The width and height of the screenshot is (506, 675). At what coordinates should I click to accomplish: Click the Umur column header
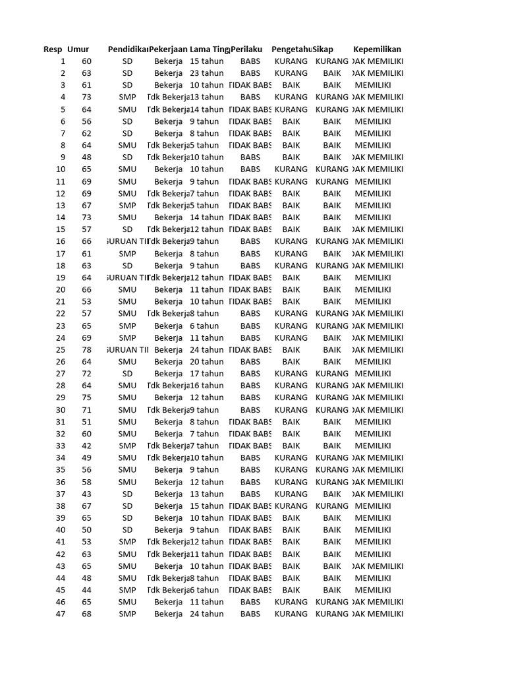(x=78, y=49)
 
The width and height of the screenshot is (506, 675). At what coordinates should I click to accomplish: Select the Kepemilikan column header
(x=377, y=49)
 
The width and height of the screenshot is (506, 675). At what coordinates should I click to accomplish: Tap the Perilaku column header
(x=247, y=49)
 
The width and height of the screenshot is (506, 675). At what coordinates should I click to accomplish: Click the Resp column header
(x=53, y=49)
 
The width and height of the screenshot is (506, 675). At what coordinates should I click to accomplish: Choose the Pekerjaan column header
(x=168, y=49)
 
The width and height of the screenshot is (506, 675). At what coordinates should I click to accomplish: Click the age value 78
(x=87, y=349)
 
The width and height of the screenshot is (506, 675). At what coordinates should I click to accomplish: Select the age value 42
(x=87, y=446)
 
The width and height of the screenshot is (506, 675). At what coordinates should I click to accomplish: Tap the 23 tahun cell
(x=207, y=73)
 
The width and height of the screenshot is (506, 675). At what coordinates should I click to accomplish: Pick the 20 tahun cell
(x=207, y=361)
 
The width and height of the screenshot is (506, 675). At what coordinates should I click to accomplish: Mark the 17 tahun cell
(x=207, y=374)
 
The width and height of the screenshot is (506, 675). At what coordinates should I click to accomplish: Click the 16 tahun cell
(x=207, y=386)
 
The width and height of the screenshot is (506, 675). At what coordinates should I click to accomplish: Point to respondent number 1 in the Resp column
(x=63, y=61)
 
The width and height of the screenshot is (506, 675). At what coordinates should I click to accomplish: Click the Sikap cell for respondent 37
(x=332, y=494)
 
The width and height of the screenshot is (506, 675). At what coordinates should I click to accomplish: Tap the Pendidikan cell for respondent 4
(x=128, y=97)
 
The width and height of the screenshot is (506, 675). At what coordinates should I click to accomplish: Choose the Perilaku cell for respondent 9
(x=250, y=158)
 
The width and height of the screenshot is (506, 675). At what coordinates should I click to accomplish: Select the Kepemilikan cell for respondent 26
(x=373, y=361)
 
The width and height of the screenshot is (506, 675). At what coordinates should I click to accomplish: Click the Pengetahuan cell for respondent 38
(x=291, y=506)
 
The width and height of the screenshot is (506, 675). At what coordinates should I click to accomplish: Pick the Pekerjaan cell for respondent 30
(x=169, y=409)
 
